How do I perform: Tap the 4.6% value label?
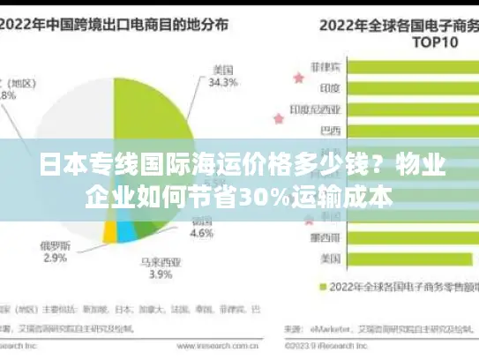pyautogui.click(x=202, y=234)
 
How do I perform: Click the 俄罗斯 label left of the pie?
pyautogui.click(x=56, y=244)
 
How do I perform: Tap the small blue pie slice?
pyautogui.click(x=126, y=231)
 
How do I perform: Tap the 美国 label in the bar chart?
pyautogui.click(x=330, y=259)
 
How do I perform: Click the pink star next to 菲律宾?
pyautogui.click(x=297, y=78)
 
